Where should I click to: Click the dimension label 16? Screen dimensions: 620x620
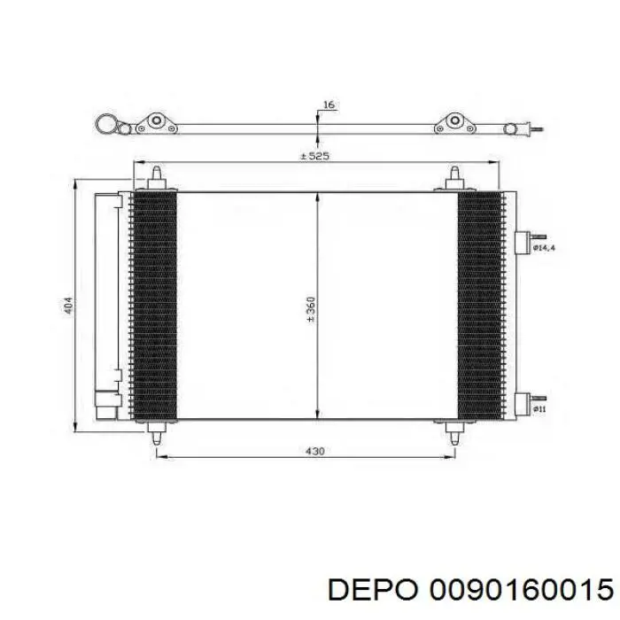tap(329, 105)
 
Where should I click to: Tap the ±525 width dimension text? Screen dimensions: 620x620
tap(314, 156)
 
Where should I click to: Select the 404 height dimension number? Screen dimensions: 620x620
tap(69, 306)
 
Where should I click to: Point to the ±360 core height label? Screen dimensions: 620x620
tap(311, 309)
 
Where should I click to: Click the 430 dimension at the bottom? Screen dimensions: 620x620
tap(315, 451)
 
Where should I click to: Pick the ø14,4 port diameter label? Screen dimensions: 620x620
tap(544, 248)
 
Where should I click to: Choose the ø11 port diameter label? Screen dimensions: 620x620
tap(539, 409)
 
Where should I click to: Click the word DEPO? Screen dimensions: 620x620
tap(373, 591)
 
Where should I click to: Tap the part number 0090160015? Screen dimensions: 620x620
tap(522, 591)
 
